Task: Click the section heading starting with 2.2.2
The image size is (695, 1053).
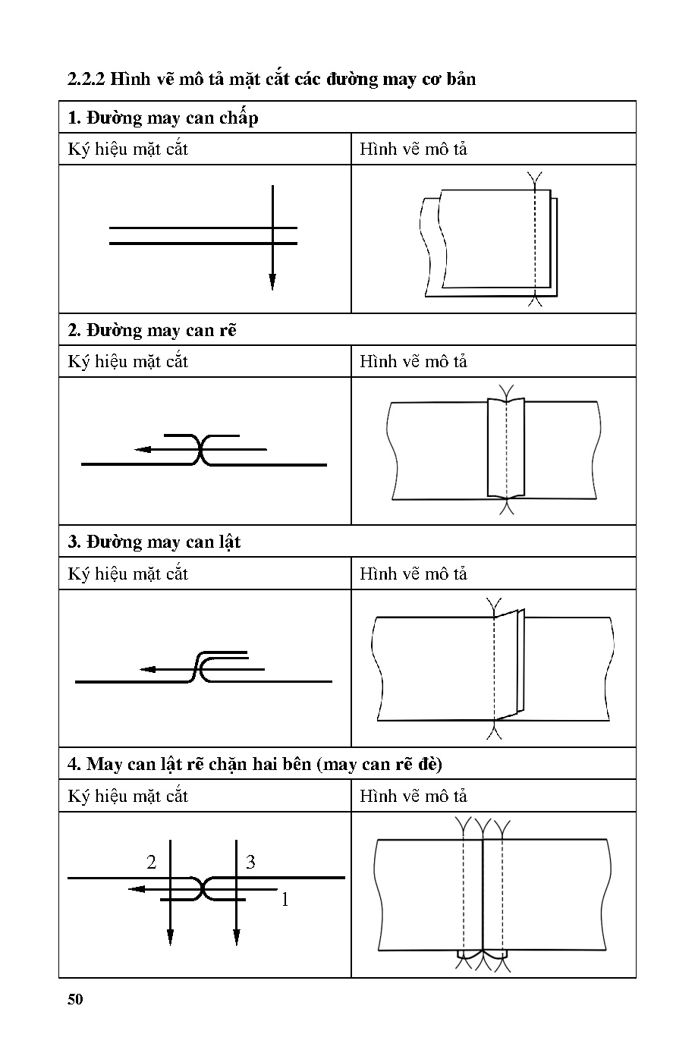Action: coord(272,79)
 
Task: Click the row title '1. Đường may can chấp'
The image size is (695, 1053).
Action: coord(163,118)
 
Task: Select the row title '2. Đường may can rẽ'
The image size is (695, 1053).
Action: coord(152,331)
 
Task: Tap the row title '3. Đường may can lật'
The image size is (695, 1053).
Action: coord(154,542)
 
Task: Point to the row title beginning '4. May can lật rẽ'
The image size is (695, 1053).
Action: coord(254,764)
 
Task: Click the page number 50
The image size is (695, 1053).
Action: coord(74,999)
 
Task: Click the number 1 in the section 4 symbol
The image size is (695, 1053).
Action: coord(285,901)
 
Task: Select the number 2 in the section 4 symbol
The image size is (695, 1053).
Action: coord(152,863)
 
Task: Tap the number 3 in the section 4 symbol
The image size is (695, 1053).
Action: coord(250,863)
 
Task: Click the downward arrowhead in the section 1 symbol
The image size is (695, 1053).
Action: coord(272,282)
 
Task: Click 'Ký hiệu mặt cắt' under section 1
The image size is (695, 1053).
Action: coord(127,149)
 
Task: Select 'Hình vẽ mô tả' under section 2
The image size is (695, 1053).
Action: coord(414,362)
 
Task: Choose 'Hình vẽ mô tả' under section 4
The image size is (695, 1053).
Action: coord(414,797)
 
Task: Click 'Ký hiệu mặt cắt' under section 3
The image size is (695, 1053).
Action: coord(127,574)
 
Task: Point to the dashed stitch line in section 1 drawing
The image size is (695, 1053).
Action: coord(535,243)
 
